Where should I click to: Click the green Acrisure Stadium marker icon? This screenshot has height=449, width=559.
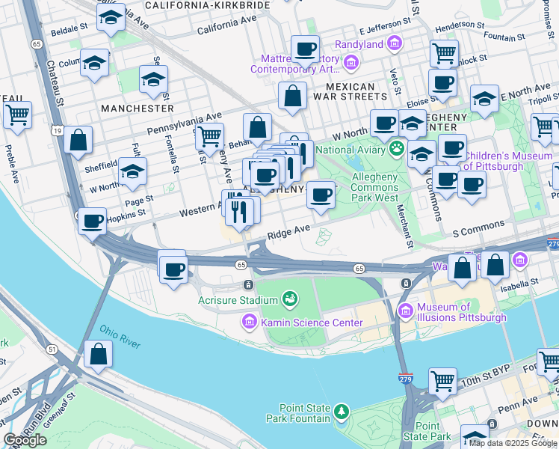pyautogui.click(x=289, y=300)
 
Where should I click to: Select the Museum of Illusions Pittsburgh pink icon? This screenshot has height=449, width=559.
pyautogui.click(x=405, y=312)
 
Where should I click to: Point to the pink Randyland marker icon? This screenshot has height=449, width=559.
pyautogui.click(x=395, y=44)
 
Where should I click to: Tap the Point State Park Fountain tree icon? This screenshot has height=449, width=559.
pyautogui.click(x=342, y=412)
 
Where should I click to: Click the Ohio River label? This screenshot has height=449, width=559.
pyautogui.click(x=120, y=337)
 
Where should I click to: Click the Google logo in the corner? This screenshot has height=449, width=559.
pyautogui.click(x=25, y=440)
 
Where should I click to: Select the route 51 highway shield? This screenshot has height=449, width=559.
pyautogui.click(x=52, y=349)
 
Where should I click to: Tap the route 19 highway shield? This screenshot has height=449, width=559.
pyautogui.click(x=57, y=130)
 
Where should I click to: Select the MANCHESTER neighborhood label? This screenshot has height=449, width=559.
pyautogui.click(x=138, y=108)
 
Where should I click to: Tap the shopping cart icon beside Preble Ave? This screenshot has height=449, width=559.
pyautogui.click(x=17, y=115)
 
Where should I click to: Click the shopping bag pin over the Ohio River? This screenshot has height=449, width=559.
pyautogui.click(x=98, y=354)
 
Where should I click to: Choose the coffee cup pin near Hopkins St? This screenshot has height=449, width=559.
pyautogui.click(x=92, y=222)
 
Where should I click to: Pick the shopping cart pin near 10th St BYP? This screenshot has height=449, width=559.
pyautogui.click(x=442, y=380)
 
